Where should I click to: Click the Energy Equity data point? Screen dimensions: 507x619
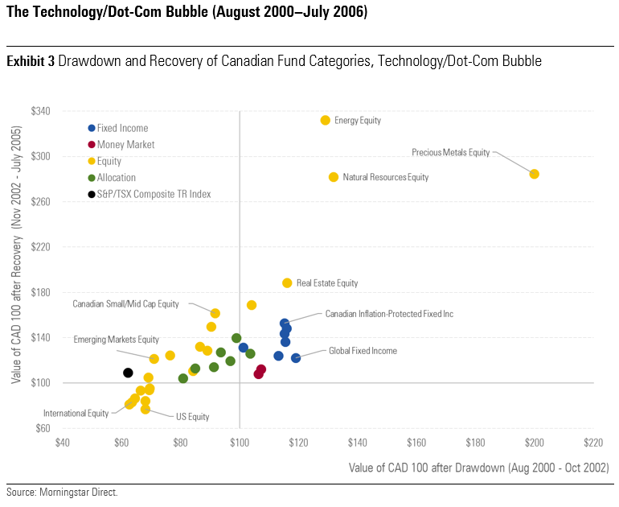tap(326, 120)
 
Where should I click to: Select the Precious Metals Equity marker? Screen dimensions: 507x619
tap(535, 174)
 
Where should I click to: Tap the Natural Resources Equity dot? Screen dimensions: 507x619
tap(334, 177)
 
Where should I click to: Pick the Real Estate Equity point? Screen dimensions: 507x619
tap(287, 282)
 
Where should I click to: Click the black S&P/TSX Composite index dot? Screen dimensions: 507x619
tap(128, 373)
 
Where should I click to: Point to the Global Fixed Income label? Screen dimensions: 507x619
tap(363, 351)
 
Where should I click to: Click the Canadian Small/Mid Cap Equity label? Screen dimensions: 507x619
tap(125, 304)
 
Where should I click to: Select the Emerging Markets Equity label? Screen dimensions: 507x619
tap(116, 340)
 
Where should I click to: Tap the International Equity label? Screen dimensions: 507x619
tap(76, 413)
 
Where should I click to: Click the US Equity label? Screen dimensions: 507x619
tap(192, 416)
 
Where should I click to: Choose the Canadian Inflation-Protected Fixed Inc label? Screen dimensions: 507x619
tap(389, 313)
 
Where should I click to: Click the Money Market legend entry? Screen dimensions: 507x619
tap(125, 145)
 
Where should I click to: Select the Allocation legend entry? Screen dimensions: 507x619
tap(117, 177)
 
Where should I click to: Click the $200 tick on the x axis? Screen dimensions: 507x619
tap(535, 442)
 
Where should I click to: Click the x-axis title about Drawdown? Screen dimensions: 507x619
tap(478, 468)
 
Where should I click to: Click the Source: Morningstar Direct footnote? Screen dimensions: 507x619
tap(62, 492)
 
